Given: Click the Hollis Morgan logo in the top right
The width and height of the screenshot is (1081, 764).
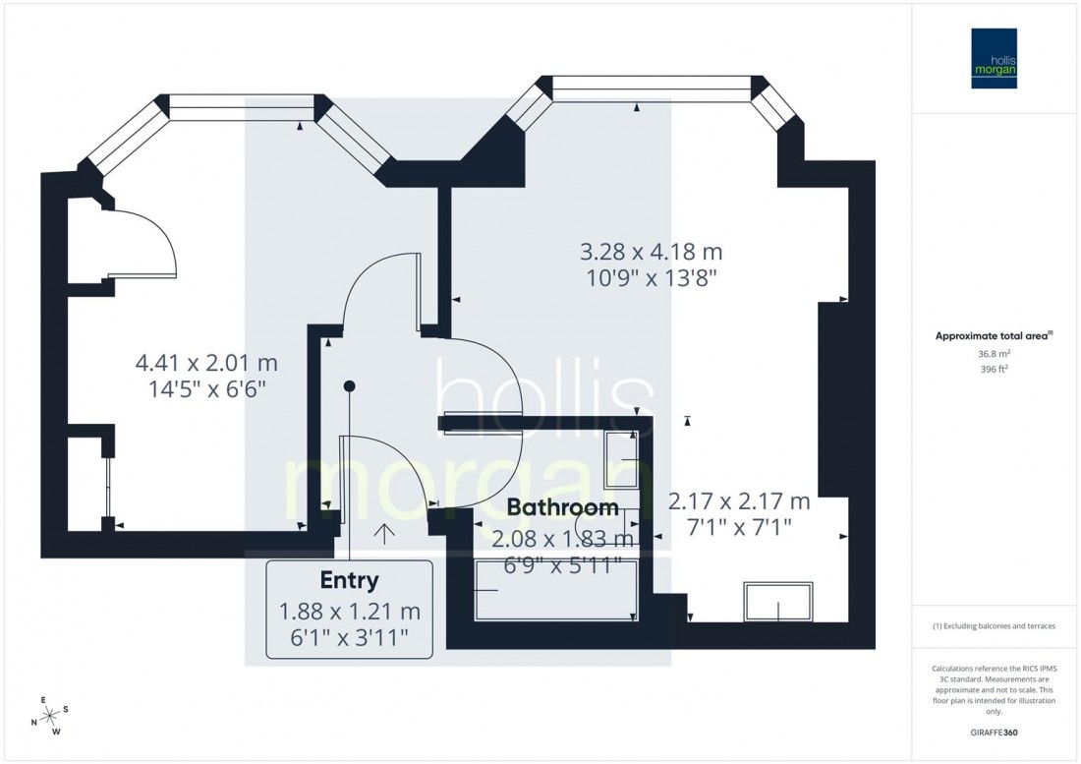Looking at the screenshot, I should [x=994, y=58].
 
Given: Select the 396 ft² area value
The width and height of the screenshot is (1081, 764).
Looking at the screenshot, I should [x=994, y=371].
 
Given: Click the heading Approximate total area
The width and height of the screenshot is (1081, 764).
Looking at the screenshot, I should [x=994, y=335].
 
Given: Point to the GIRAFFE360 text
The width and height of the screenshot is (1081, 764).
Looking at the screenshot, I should [x=994, y=733].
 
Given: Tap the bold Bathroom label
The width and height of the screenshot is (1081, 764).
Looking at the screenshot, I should [x=563, y=508].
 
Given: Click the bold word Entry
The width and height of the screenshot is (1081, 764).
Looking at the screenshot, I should [x=349, y=581].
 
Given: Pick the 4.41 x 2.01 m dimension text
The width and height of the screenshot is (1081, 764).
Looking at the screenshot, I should [x=206, y=364].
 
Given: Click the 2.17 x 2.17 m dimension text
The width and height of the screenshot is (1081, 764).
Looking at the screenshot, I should [x=739, y=502].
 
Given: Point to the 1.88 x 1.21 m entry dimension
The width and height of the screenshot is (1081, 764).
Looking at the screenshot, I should [x=349, y=614].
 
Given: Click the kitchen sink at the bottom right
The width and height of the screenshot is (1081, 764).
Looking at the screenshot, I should [x=779, y=602].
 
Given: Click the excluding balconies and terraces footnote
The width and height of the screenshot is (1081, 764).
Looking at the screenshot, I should [x=994, y=626].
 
